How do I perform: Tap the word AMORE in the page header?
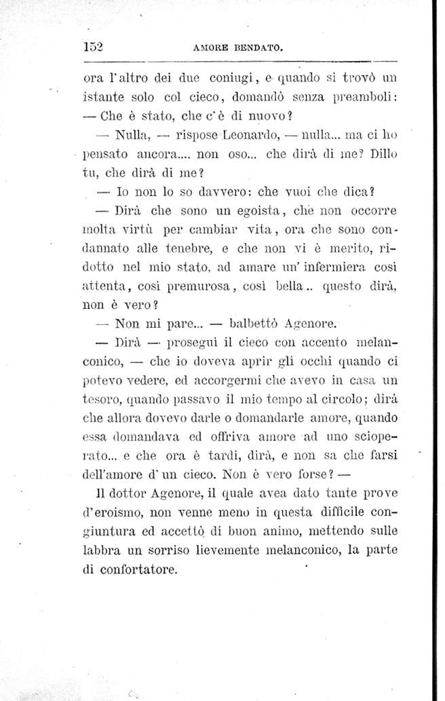pos(206,49)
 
